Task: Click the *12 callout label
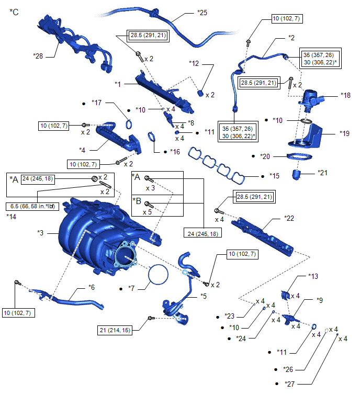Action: coord(195,63)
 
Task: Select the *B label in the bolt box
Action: coord(137,200)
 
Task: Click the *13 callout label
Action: coord(313,276)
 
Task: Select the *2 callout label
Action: coord(292,38)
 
